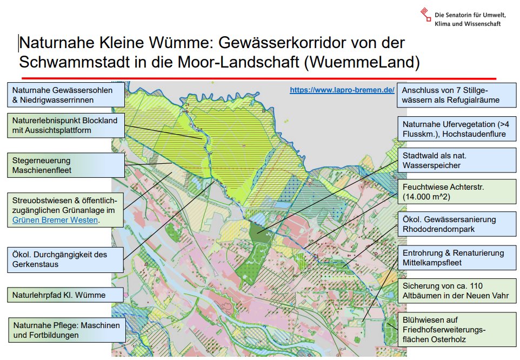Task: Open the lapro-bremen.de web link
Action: pyautogui.click(x=342, y=90)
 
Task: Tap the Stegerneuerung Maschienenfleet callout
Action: pyautogui.click(x=66, y=165)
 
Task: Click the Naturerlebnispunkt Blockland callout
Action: pyautogui.click(x=66, y=125)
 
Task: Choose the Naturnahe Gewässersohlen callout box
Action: pyautogui.click(x=66, y=95)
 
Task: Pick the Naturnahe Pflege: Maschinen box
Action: pyautogui.click(x=66, y=330)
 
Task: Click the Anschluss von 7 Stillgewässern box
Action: pyautogui.click(x=456, y=95)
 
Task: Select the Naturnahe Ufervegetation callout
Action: pyautogui.click(x=456, y=129)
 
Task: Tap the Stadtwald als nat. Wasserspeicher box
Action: pyautogui.click(x=456, y=160)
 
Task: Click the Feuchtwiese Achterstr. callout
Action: pyautogui.click(x=456, y=192)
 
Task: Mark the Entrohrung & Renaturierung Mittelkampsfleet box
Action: pyautogui.click(x=456, y=258)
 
